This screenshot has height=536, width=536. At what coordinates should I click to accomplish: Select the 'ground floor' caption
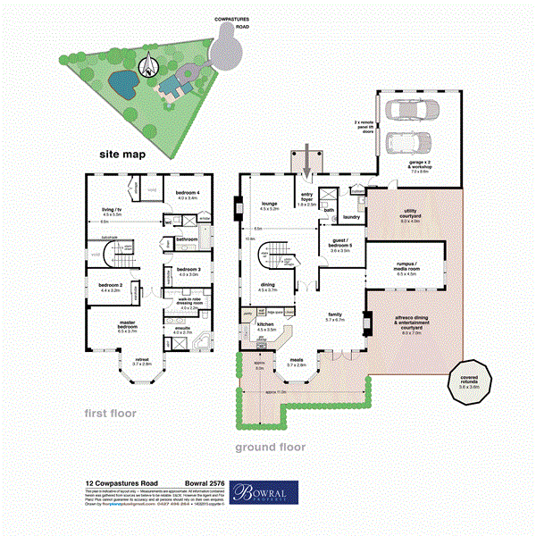270,447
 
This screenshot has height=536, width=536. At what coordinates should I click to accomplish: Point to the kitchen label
265,327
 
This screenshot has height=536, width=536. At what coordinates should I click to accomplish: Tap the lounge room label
269,205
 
